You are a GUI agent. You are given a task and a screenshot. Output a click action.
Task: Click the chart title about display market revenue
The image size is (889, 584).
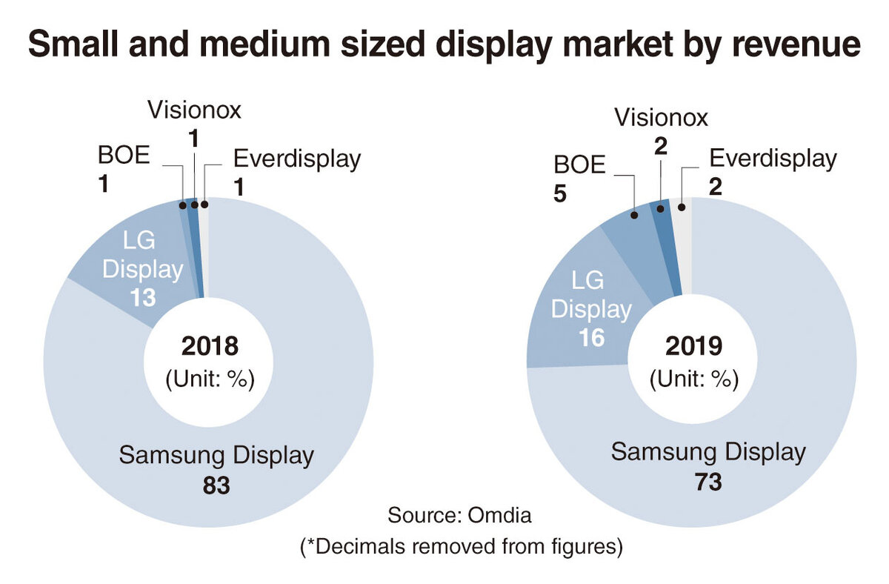pos(444,46)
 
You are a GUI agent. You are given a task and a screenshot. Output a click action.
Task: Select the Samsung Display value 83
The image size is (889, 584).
pos(216,485)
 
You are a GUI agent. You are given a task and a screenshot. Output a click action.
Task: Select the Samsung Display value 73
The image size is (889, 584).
pos(707,482)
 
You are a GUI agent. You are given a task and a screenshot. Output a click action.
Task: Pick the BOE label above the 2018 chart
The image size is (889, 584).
pos(124,158)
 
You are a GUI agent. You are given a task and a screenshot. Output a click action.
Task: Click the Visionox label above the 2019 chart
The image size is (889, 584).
pos(661,117)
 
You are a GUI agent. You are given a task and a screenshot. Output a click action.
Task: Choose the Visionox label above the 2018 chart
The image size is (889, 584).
pos(194,110)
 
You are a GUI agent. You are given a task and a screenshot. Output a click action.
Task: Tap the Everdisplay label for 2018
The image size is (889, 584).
pos(296,159)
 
